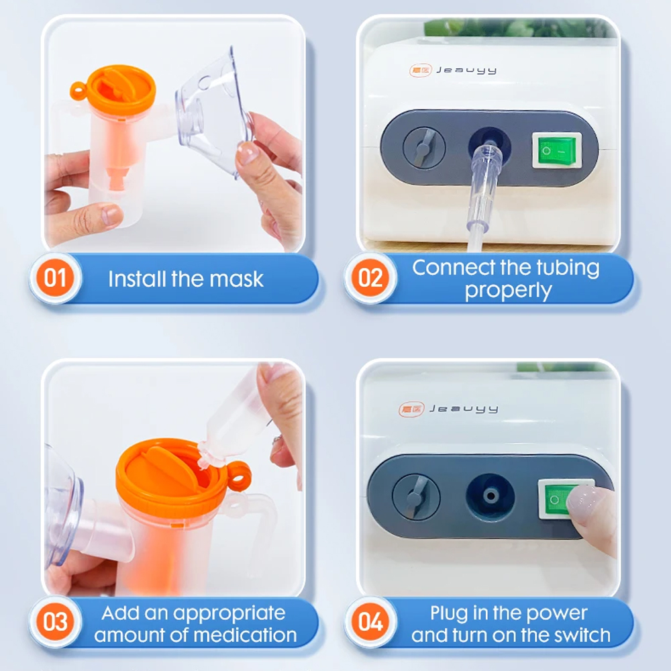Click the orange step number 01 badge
[x=55, y=278]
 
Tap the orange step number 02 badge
[x=370, y=278]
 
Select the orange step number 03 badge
[x=55, y=622]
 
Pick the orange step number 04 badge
[x=370, y=622]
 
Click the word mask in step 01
[x=236, y=279]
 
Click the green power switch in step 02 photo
[x=557, y=150]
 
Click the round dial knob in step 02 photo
[x=424, y=148]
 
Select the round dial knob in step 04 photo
[x=416, y=497]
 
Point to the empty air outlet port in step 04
[x=491, y=496]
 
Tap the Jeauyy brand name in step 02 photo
[x=466, y=70]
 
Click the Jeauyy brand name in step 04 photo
[x=464, y=409]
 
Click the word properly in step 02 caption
[x=509, y=291]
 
